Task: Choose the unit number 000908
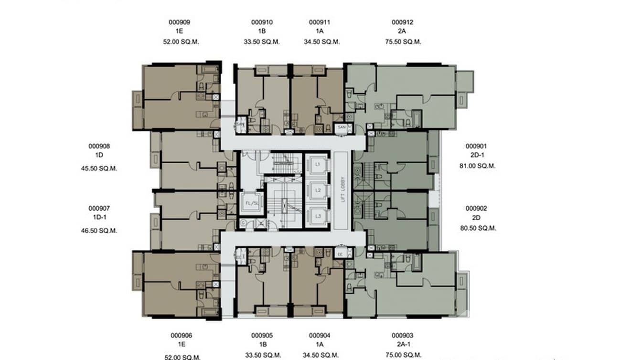click(99, 146)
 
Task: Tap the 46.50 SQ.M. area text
click(99, 231)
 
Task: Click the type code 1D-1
click(99, 217)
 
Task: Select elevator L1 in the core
click(317, 164)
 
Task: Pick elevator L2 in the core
click(317, 190)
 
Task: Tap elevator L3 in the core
click(317, 216)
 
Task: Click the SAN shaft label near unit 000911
click(341, 127)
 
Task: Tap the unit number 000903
click(402, 336)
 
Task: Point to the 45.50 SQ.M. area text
click(99, 169)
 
